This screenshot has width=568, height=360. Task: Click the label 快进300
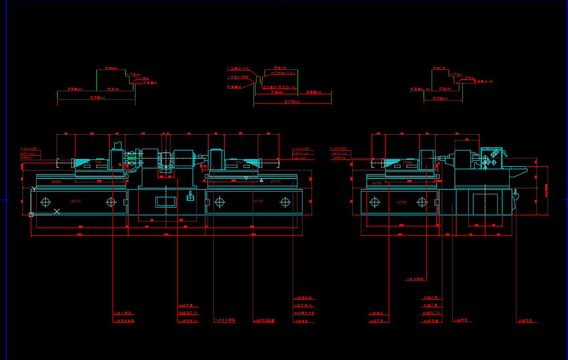click(111, 68)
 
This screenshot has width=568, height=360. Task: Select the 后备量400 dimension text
click(75, 89)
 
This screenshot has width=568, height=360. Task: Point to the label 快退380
click(113, 89)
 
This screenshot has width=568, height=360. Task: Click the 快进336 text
click(280, 68)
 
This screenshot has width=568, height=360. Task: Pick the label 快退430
click(277, 92)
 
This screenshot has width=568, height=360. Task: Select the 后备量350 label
click(314, 92)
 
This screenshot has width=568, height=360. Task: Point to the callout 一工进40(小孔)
click(239, 68)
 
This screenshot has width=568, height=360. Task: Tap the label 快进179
click(439, 68)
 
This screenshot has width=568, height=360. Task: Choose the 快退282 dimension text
click(445, 89)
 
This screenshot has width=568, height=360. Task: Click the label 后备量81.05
click(420, 89)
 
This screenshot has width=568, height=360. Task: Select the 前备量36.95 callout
click(483, 81)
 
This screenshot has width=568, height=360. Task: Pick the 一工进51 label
click(456, 75)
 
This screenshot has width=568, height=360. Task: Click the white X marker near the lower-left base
click(57, 211)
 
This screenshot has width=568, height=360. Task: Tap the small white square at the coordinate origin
click(31, 215)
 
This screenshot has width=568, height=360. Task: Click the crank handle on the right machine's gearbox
click(504, 153)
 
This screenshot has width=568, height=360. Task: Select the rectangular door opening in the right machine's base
click(485, 204)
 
